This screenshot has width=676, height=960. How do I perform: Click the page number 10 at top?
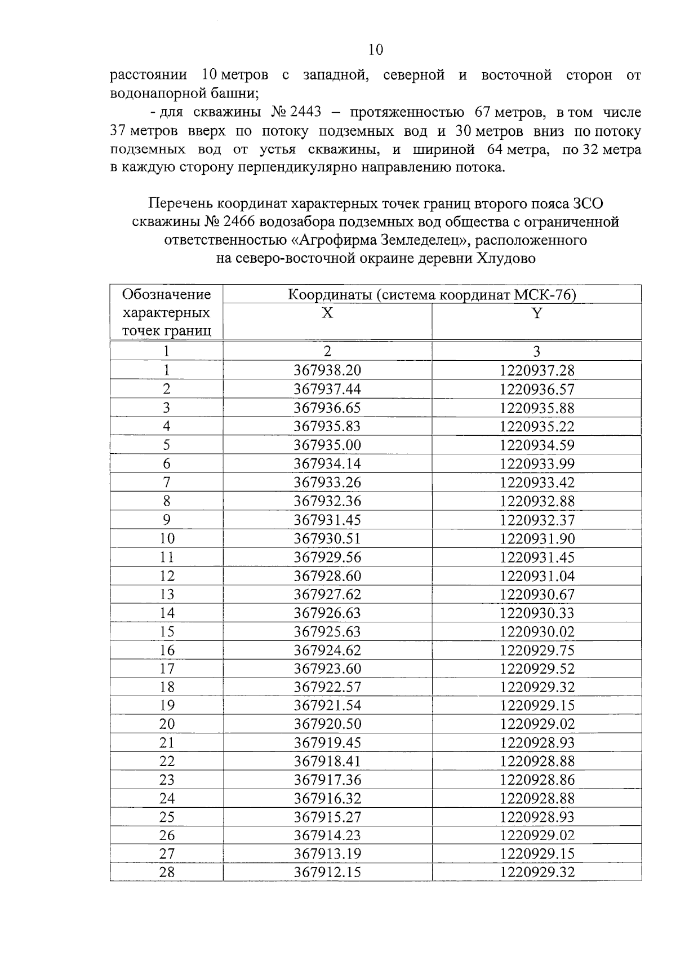click(x=376, y=50)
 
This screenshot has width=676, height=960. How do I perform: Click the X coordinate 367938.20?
click(x=327, y=370)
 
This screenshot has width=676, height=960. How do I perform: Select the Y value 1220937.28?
click(x=537, y=370)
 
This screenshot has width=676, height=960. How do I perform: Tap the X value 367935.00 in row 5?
click(x=327, y=445)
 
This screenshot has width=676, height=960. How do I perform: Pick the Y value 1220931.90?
click(x=537, y=538)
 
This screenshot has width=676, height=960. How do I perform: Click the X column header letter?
click(x=327, y=313)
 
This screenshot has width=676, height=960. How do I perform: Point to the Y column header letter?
click(x=537, y=313)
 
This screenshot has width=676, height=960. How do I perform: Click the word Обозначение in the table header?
click(x=167, y=294)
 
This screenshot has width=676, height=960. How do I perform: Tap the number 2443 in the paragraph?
click(x=305, y=112)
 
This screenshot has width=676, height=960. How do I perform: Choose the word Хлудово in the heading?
click(x=506, y=259)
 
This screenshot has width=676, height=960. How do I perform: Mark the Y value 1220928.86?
click(x=537, y=780)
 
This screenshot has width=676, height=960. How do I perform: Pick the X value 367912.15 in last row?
click(x=327, y=873)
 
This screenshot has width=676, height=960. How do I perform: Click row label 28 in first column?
click(x=167, y=873)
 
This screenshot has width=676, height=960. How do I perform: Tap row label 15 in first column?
click(x=167, y=631)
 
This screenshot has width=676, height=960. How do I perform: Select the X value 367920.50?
click(x=327, y=724)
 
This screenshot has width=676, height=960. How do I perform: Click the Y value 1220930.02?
click(x=537, y=631)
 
